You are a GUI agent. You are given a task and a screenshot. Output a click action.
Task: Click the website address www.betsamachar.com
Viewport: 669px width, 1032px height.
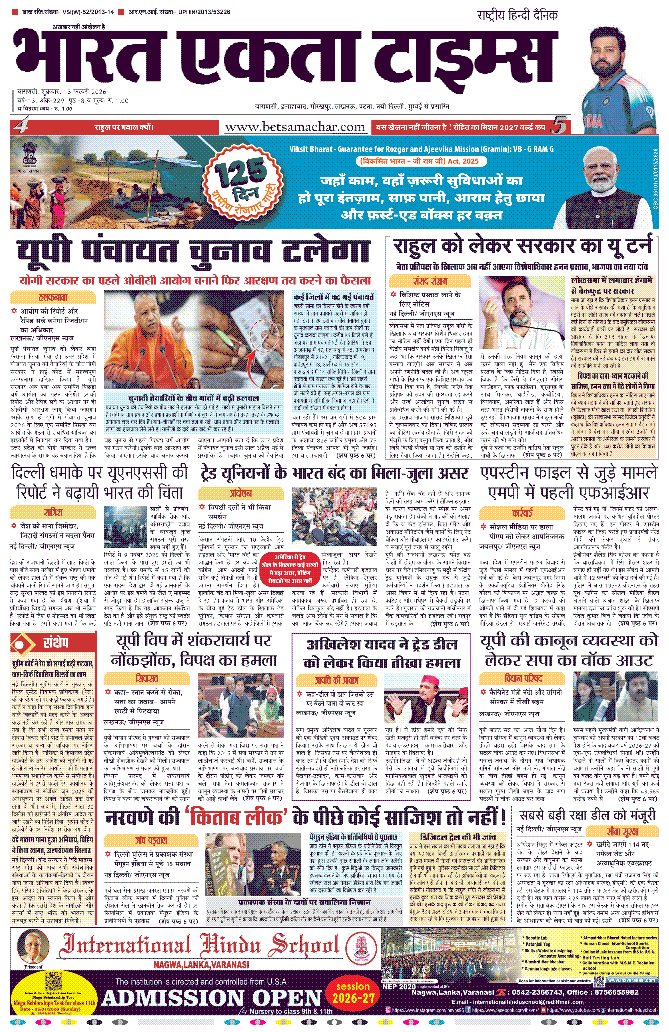click(x=295, y=127)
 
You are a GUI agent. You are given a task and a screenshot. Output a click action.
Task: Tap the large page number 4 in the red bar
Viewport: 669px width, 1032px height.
click(x=20, y=126)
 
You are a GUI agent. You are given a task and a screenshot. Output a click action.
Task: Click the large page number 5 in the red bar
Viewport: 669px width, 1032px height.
click(x=560, y=126)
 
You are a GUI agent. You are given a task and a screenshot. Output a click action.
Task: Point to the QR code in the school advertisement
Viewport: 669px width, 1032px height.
click(x=53, y=981)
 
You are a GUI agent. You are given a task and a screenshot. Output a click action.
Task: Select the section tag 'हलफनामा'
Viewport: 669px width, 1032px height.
click(x=53, y=298)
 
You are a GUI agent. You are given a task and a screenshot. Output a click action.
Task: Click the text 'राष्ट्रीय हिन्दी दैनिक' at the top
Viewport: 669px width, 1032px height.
click(x=517, y=15)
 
